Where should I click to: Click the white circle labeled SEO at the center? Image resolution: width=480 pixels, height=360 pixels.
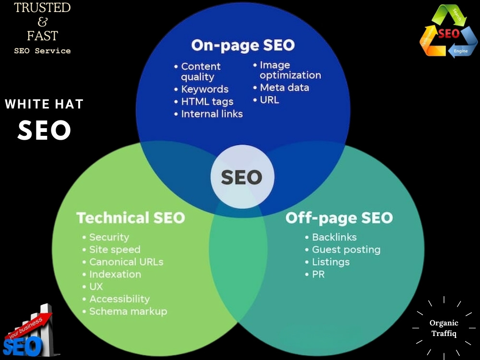point(242,177)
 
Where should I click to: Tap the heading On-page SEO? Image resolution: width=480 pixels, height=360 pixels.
point(243,45)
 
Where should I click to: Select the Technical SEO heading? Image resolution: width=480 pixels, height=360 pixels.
point(131,217)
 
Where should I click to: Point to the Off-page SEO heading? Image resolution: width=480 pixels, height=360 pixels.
point(339,218)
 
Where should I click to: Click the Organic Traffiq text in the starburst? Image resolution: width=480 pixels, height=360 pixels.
point(444,328)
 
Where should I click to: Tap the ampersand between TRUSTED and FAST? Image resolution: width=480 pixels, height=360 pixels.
point(43,22)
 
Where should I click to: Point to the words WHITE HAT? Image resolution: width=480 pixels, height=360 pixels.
point(44,104)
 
